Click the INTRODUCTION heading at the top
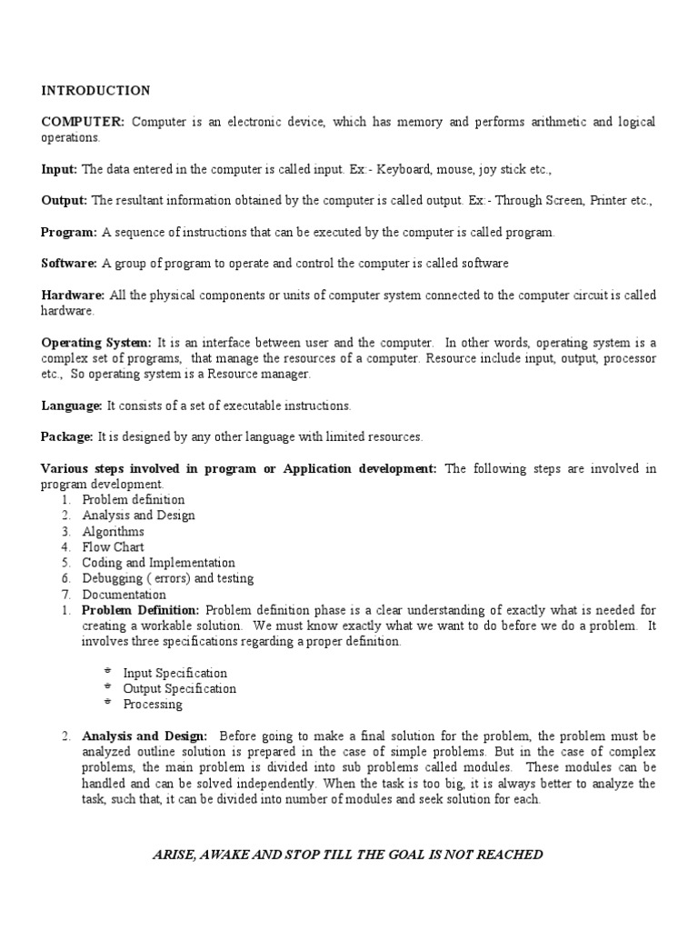pyautogui.click(x=95, y=90)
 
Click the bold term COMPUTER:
pyautogui.click(x=83, y=122)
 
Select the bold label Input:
pyautogui.click(x=59, y=169)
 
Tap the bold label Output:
pyautogui.click(x=64, y=201)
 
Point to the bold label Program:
pyautogui.click(x=68, y=232)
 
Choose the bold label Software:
pyautogui.click(x=69, y=264)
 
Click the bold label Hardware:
pyautogui.click(x=73, y=295)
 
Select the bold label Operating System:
pyautogui.click(x=97, y=343)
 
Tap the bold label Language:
pyautogui.click(x=72, y=405)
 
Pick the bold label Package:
pyautogui.click(x=66, y=437)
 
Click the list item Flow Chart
pyautogui.click(x=108, y=547)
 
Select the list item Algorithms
pyautogui.click(x=113, y=531)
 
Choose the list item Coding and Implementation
pyautogui.click(x=158, y=563)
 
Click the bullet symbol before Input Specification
pyautogui.click(x=107, y=672)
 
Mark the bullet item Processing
pyautogui.click(x=153, y=705)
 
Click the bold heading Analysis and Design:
pyautogui.click(x=145, y=736)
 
